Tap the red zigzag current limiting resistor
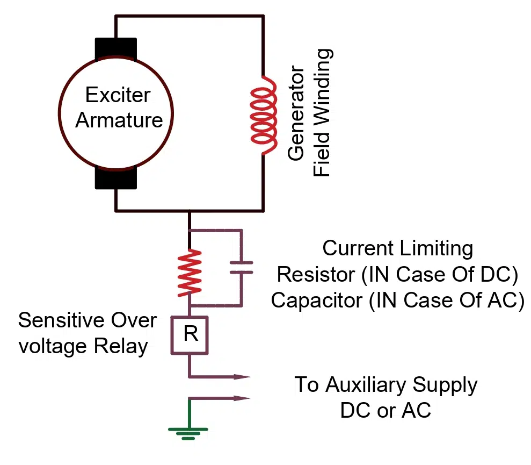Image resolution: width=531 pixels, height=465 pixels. tap(190, 274)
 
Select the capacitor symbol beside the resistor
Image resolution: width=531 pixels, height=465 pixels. tap(241, 267)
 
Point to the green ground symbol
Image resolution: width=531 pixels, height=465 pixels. tap(188, 432)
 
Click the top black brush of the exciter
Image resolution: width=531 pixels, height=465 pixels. tap(116, 49)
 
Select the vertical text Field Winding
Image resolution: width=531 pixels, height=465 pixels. tap(322, 112)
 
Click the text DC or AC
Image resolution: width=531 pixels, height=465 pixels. tap(385, 411)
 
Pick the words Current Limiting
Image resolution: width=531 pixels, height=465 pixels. tap(397, 248)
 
